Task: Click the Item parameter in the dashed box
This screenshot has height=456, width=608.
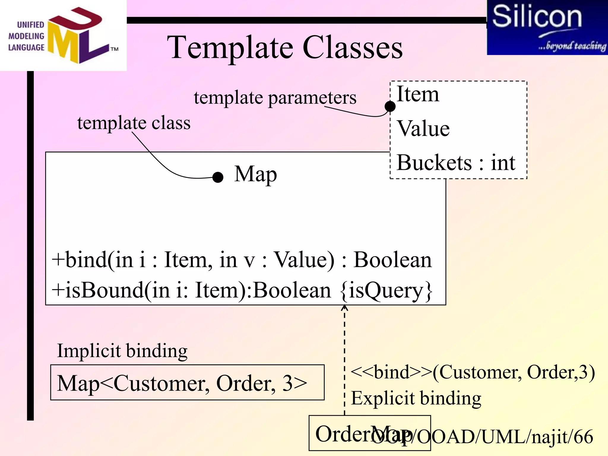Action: click(417, 94)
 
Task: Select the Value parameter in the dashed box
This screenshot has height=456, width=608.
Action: click(423, 129)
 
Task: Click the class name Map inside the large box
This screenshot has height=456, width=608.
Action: click(255, 174)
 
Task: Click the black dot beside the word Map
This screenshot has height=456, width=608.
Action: click(218, 177)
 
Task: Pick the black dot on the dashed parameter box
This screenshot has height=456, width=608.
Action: click(390, 106)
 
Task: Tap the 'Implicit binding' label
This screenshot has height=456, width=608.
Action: click(122, 351)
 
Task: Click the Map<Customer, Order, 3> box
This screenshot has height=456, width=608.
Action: click(187, 383)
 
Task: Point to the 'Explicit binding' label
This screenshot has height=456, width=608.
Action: click(416, 398)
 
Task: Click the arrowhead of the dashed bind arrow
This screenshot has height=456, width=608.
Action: click(344, 308)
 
